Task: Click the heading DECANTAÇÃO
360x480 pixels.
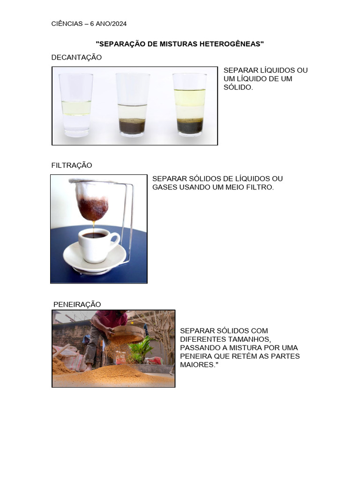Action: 76,57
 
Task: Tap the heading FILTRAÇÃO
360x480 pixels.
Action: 72,165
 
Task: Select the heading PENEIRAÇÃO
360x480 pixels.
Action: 77,304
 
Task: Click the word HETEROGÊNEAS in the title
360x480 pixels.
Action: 232,44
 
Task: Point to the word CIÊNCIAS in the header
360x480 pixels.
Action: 67,23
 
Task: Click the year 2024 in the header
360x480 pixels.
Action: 120,23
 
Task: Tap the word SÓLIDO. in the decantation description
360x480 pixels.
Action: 238,87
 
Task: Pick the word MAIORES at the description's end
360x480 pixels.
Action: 197,365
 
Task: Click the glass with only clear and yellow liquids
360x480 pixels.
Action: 75,105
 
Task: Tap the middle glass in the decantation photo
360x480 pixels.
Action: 132,105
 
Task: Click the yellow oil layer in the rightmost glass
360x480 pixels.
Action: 190,97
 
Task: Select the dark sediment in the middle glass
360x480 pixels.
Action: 132,126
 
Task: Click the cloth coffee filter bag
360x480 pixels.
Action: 93,199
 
